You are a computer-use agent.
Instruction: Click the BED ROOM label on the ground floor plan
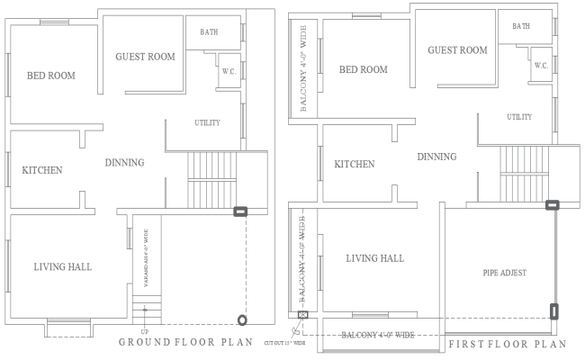pos(50,76)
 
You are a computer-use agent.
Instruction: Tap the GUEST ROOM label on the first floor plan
pos(457,50)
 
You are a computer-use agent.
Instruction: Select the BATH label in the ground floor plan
pos(209,32)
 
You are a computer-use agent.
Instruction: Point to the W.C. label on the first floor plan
pos(541,66)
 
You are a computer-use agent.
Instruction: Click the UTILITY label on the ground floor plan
pos(208,122)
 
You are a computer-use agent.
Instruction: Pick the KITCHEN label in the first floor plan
pos(355,165)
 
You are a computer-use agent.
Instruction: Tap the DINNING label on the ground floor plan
pos(124,163)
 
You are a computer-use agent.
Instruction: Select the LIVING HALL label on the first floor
pos(374,258)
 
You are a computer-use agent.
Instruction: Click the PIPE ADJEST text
pos(504,272)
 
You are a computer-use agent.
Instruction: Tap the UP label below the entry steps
pos(145,332)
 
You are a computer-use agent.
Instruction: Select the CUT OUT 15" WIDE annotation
pos(285,343)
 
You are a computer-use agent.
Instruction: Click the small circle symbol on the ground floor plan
pos(241,320)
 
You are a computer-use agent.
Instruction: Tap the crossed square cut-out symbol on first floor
pos(302,316)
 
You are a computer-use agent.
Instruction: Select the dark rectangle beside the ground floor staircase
pos(240,212)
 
